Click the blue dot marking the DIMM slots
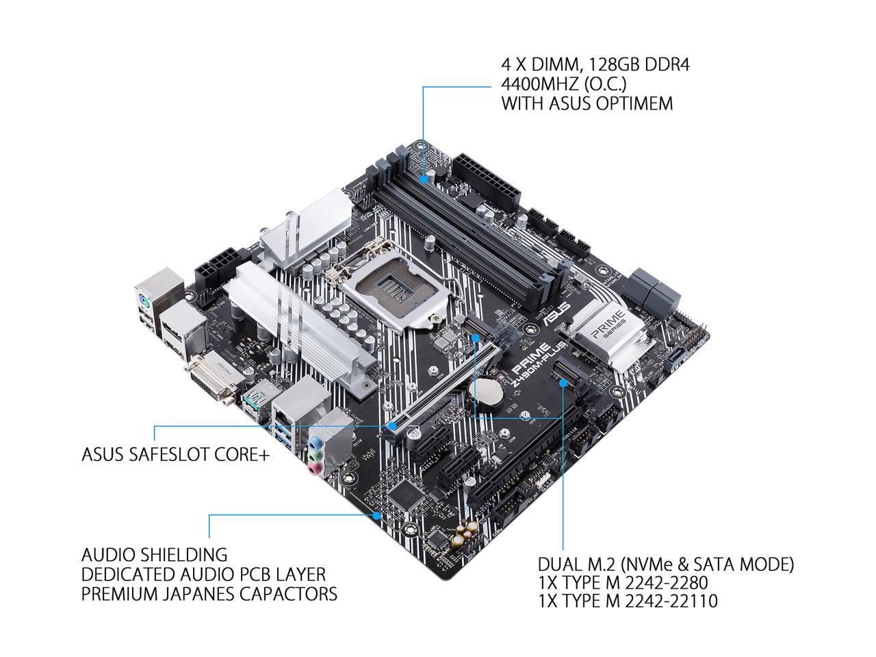pos(424,179)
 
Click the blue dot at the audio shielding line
pos(376,514)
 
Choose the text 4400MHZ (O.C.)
pos(565,84)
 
